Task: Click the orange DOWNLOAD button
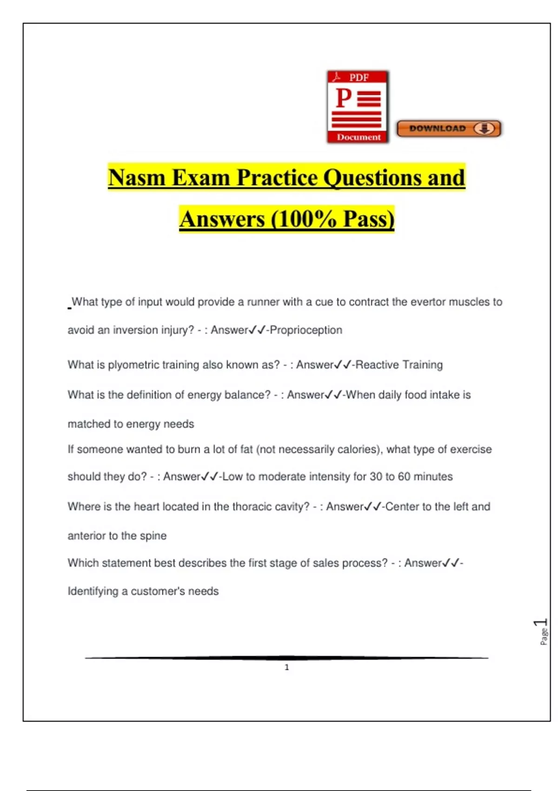[x=449, y=128]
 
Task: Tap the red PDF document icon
[x=358, y=107]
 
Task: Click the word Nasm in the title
[x=137, y=178]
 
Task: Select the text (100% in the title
[x=303, y=219]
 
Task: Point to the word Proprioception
[x=306, y=330]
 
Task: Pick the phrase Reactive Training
[x=399, y=365]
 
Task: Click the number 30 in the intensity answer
[x=376, y=476]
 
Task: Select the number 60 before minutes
[x=404, y=476]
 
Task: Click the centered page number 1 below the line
[x=286, y=667]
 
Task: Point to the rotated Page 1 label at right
[x=542, y=631]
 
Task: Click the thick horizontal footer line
[x=286, y=658]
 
